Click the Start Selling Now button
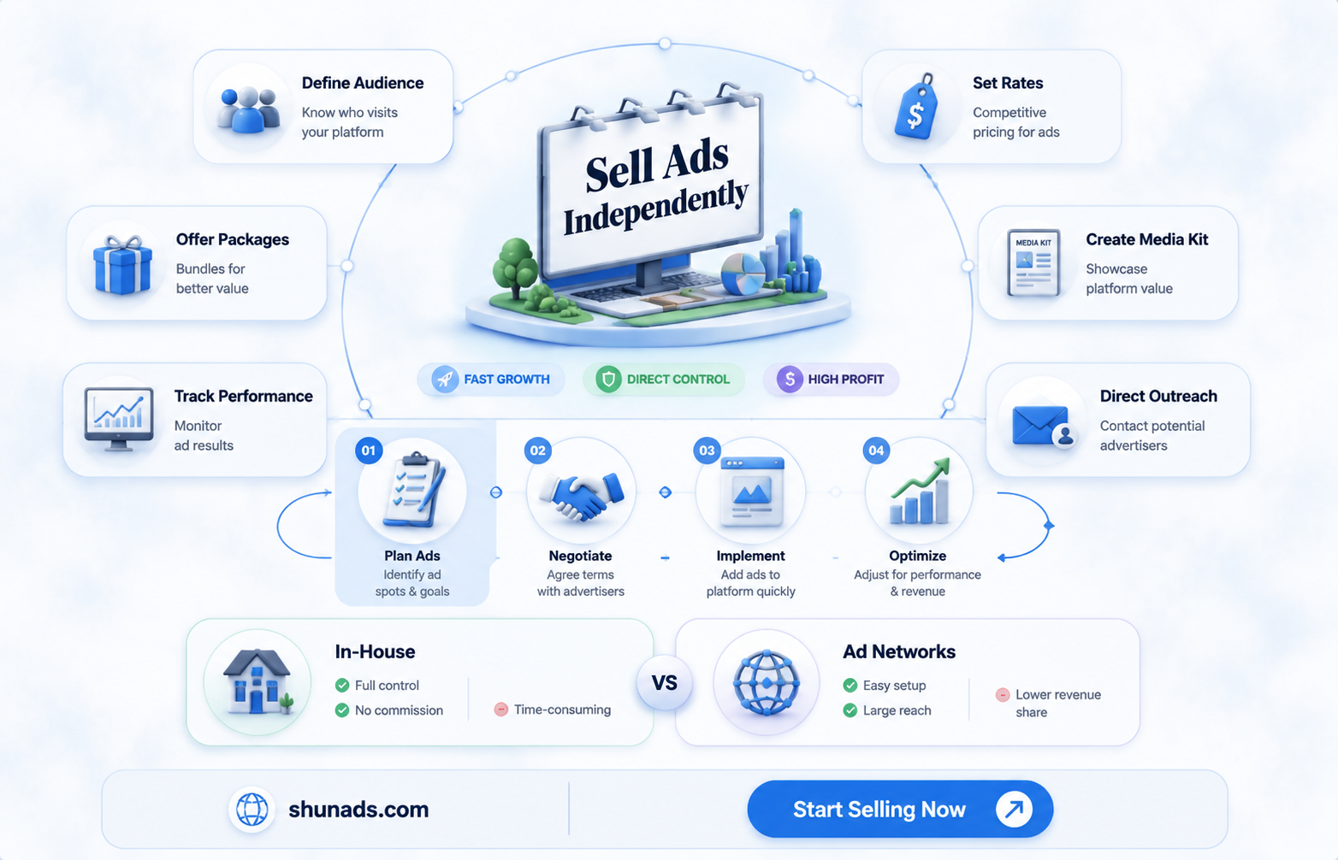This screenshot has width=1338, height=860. [900, 809]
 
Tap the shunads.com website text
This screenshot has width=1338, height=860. [358, 810]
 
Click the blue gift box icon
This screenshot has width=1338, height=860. [122, 264]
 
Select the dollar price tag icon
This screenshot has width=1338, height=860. [915, 108]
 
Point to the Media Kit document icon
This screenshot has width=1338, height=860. [1033, 262]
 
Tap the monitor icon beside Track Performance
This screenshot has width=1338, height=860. [119, 419]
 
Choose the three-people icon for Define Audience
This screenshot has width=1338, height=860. [248, 109]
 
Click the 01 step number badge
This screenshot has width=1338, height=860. [369, 451]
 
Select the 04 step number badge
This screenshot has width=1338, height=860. [876, 451]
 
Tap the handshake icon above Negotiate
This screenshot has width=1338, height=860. [581, 495]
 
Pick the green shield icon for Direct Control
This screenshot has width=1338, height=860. [608, 379]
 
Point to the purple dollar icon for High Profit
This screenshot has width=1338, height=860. [790, 379]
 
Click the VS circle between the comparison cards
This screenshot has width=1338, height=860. [664, 683]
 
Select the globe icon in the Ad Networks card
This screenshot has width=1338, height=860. [767, 683]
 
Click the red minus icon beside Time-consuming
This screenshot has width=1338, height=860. [501, 710]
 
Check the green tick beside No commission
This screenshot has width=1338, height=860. [342, 710]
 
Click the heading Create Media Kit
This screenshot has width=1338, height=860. [1147, 239]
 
